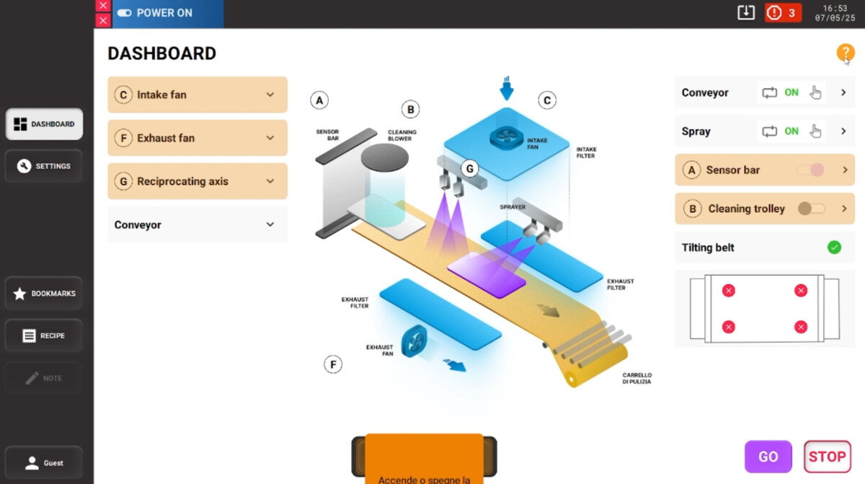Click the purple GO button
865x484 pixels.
coord(768,457)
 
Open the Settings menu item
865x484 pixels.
coord(44,166)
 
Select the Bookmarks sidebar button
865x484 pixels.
coord(44,294)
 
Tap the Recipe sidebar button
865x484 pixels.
coord(44,335)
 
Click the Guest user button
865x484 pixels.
coord(44,462)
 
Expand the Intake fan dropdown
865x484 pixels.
coord(270,94)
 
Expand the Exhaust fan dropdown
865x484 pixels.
coord(270,138)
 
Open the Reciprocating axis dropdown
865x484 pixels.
coord(270,181)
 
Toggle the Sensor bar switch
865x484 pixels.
coord(811,170)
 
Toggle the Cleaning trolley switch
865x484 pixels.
coord(811,208)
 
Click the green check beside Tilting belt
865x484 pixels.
coord(834,247)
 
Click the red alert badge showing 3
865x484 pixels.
coord(783,13)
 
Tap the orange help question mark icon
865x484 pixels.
coord(845,53)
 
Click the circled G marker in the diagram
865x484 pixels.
coord(469,169)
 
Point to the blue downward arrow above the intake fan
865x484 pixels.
coord(507,89)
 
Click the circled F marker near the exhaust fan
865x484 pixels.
coord(333,364)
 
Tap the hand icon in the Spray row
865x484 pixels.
coord(815,131)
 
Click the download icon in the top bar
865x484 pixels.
coord(745,13)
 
